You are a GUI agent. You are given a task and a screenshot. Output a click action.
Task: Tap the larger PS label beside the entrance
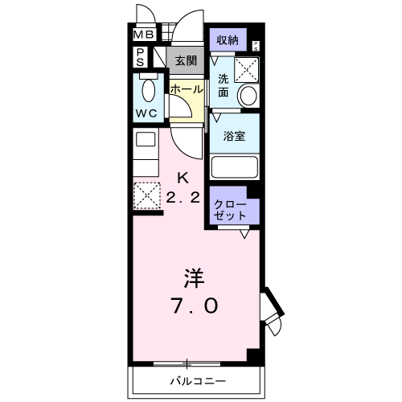click(140, 57)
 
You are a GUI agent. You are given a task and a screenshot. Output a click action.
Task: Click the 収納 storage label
click(228, 39)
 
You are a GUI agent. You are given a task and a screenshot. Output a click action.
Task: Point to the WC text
click(146, 113)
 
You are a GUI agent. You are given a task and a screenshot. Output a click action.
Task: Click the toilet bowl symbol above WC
click(147, 88)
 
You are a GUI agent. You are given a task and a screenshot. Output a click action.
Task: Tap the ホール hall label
click(186, 89)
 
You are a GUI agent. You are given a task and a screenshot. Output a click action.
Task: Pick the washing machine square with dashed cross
click(245, 70)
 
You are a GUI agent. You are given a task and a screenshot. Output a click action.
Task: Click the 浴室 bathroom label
click(235, 137)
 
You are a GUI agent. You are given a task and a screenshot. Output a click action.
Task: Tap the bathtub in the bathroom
click(234, 167)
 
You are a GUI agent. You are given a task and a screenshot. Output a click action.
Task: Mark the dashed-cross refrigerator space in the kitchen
click(146, 195)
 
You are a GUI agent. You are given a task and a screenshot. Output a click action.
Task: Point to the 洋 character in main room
click(194, 278)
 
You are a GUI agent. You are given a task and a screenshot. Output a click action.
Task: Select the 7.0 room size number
click(194, 306)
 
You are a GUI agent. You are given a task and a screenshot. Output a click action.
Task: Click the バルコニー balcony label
click(197, 380)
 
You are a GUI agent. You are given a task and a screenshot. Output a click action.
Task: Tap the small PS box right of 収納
click(256, 45)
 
